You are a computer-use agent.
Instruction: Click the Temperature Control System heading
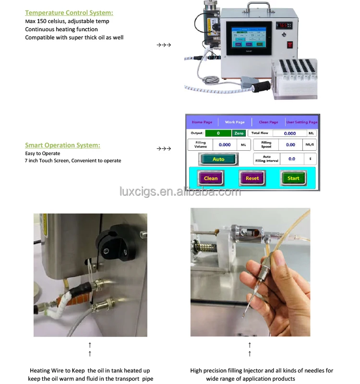point(69,13)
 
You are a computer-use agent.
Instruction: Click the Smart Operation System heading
point(62,145)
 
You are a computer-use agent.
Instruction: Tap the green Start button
point(293,178)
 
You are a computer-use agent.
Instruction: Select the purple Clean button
point(211,178)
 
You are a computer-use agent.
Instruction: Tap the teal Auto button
point(218,159)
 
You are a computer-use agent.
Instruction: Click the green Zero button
point(239,133)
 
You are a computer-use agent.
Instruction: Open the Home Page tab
point(202,122)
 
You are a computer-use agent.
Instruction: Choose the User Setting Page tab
point(301,122)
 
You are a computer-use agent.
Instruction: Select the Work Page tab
point(235,122)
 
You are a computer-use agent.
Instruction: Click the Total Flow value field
point(290,133)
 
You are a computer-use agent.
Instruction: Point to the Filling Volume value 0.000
point(225,144)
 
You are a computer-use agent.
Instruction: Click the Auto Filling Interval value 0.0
point(292,158)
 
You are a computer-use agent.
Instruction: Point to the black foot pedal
point(260,87)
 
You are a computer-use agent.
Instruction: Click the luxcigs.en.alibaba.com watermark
point(180,192)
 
